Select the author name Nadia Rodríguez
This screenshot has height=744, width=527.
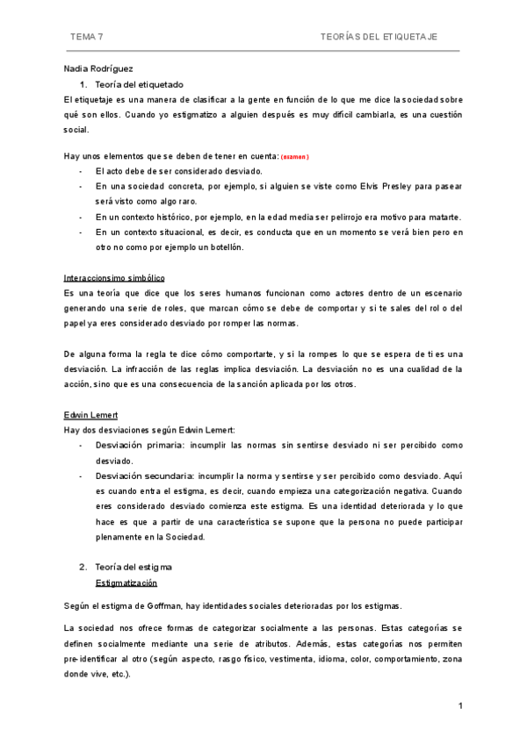[99, 68]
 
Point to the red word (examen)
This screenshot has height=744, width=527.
[294, 156]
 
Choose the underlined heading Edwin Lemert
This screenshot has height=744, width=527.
[90, 413]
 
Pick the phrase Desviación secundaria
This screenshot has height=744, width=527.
[145, 475]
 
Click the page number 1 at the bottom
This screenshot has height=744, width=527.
[459, 705]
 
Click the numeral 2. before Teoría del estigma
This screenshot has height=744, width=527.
[83, 566]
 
